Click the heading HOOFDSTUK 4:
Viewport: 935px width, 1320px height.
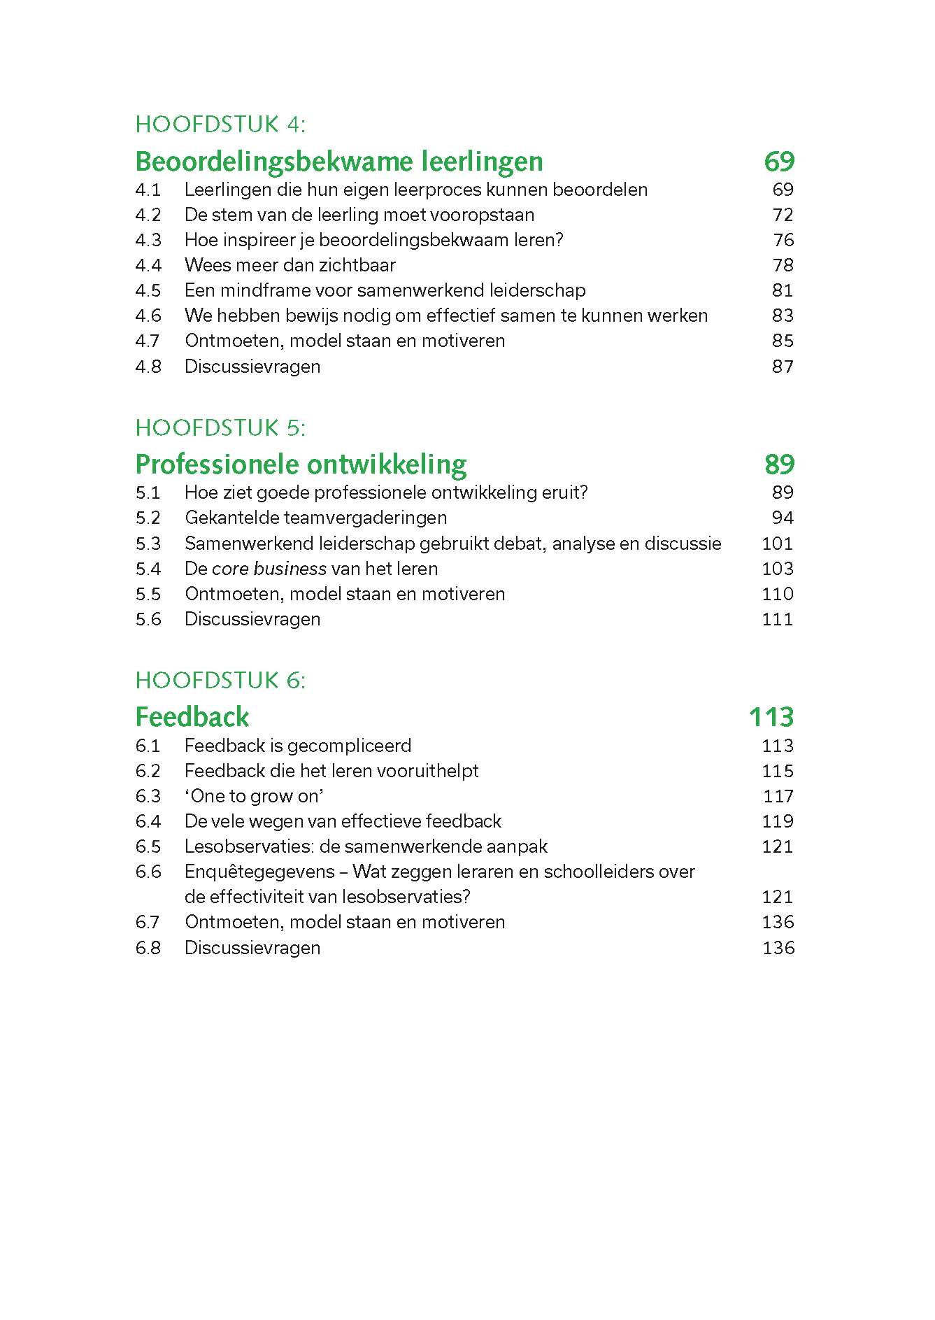tap(220, 125)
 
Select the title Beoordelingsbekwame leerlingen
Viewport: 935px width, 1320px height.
tap(338, 162)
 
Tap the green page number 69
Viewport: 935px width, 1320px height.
tap(779, 162)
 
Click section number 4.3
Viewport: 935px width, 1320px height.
tap(148, 240)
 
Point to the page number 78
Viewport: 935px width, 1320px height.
tap(783, 265)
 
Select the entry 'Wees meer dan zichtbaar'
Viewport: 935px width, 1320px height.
tap(290, 265)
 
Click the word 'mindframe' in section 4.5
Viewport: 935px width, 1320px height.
tap(266, 290)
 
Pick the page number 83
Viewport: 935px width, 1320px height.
tap(783, 315)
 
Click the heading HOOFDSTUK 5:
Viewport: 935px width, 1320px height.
tap(220, 427)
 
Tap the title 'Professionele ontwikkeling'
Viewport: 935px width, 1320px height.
tap(301, 464)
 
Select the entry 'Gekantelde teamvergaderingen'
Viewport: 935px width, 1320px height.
tap(315, 518)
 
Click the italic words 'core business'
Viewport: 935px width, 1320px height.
tap(269, 569)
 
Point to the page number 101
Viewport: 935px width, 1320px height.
tap(777, 544)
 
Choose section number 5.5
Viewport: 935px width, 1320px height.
tap(148, 594)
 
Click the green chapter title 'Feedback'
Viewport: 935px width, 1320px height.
tap(192, 717)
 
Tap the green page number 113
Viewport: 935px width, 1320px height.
tap(771, 717)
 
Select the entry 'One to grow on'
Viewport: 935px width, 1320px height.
tap(255, 796)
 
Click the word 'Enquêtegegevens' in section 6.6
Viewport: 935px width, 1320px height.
tap(259, 872)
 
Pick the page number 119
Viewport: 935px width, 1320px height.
tap(777, 821)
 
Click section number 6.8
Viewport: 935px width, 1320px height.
tap(148, 948)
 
